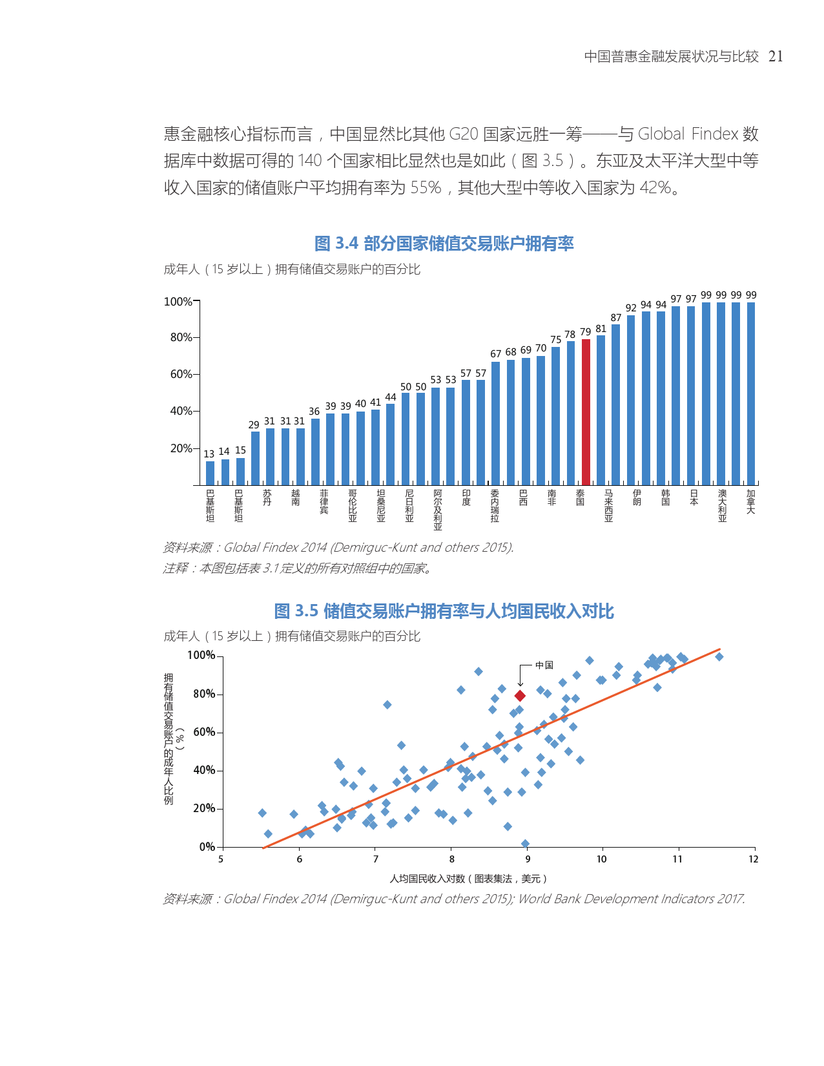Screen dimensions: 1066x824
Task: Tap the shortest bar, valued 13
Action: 210,473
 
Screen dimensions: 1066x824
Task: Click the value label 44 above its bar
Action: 391,397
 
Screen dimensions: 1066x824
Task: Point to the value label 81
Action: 601,329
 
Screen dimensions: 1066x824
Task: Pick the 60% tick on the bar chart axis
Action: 181,374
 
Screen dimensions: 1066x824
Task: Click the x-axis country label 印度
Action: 466,498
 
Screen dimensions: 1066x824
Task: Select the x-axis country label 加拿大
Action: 750,502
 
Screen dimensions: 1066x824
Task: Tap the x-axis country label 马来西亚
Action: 608,506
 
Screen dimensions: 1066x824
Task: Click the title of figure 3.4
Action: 444,244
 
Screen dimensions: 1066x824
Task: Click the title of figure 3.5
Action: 444,611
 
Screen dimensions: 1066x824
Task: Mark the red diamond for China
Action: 520,696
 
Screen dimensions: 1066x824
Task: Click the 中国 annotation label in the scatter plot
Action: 544,665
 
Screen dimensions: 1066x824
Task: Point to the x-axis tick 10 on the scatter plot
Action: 602,859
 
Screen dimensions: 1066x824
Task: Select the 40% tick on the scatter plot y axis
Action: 204,770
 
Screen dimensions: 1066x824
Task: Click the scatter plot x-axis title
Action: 468,879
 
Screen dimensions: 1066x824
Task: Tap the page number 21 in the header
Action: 776,57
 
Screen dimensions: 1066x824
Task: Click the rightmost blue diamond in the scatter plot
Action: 719,657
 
